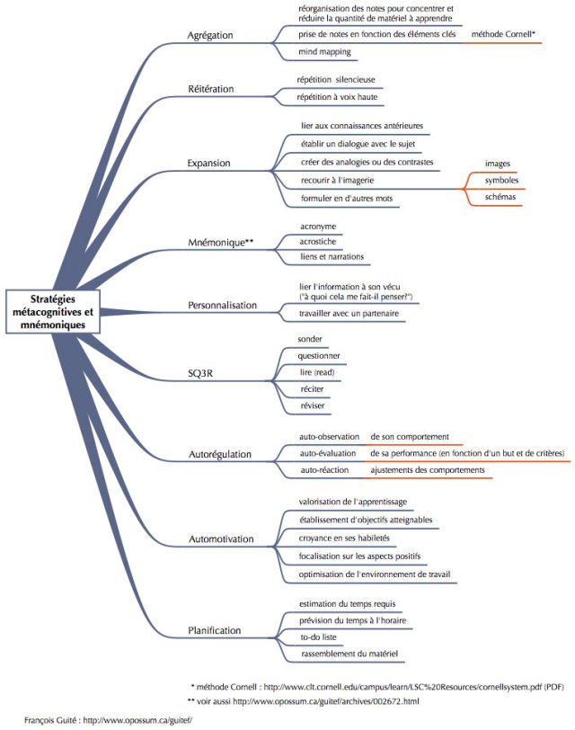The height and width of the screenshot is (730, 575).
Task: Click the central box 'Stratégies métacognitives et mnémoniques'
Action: tap(53, 312)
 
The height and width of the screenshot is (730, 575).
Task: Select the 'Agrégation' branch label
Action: tap(210, 35)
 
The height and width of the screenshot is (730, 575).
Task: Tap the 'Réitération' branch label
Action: tap(211, 89)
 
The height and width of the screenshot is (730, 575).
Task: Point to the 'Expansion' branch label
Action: tap(208, 163)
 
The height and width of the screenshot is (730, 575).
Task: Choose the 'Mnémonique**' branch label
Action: tap(220, 242)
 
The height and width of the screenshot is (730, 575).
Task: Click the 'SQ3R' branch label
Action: tap(200, 373)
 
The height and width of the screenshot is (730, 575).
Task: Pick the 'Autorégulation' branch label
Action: tap(219, 454)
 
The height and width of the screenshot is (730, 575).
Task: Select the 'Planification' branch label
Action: tap(215, 630)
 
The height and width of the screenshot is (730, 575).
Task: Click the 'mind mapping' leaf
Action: tap(324, 51)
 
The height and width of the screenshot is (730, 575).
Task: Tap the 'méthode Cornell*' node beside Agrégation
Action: tap(503, 34)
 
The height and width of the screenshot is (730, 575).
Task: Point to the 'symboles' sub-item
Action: tap(501, 180)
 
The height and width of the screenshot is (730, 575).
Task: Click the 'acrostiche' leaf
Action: tap(318, 242)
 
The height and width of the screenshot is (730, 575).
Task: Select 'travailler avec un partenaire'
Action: tap(349, 314)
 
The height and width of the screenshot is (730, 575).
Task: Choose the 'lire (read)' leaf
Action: tap(317, 372)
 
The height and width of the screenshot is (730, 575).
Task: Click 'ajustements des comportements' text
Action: tap(428, 470)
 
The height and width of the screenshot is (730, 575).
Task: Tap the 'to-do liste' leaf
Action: tap(318, 637)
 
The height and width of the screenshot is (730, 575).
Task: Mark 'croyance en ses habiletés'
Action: tap(344, 538)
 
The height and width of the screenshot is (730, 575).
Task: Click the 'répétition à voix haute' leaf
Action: tap(337, 97)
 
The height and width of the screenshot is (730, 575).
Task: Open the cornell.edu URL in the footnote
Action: tap(402, 687)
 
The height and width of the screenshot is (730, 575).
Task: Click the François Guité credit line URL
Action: tap(137, 720)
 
